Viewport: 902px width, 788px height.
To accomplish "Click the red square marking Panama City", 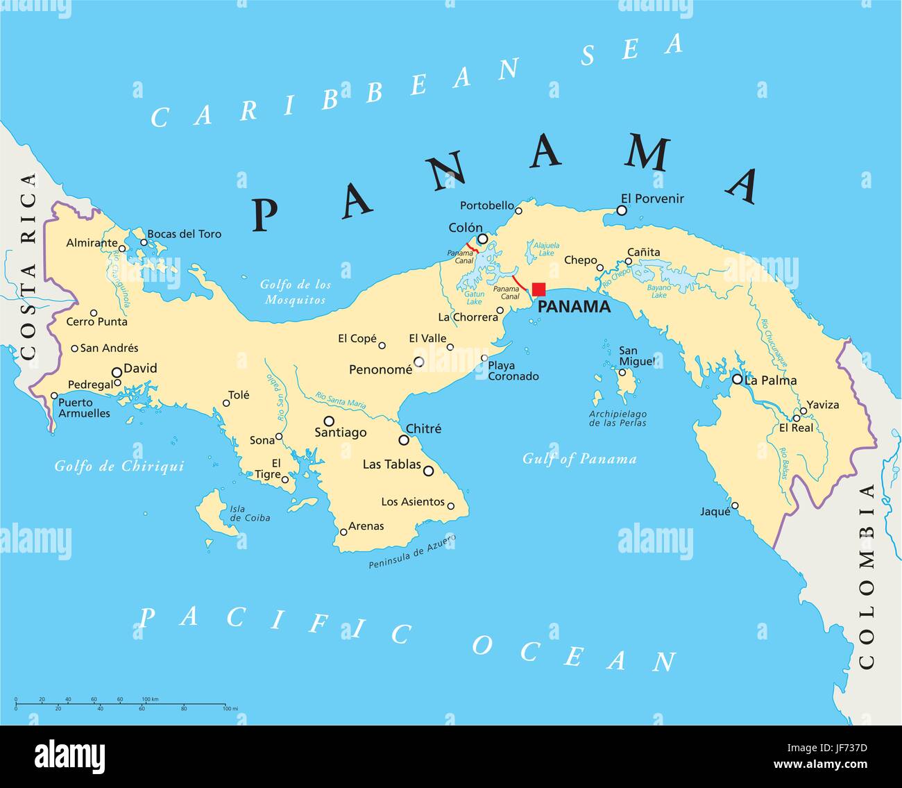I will click(538, 290).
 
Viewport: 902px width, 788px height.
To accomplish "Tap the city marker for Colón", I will click(482, 239).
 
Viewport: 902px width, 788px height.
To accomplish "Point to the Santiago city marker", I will click(329, 420).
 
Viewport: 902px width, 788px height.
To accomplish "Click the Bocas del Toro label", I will click(184, 234).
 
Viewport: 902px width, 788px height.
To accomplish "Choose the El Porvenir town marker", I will click(622, 210).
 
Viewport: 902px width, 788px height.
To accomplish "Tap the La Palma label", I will click(770, 380).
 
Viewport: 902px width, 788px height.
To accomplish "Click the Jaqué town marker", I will click(735, 505).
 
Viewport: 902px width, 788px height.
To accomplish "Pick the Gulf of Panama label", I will click(579, 459).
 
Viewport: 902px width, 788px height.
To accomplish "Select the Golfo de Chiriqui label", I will click(119, 467).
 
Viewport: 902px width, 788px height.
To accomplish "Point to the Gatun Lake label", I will click(474, 298).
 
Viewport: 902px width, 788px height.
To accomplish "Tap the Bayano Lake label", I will click(658, 291).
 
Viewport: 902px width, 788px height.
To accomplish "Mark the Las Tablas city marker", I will click(428, 471).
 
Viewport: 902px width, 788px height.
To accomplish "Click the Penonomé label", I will click(380, 370).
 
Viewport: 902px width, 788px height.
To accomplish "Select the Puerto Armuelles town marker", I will click(54, 396).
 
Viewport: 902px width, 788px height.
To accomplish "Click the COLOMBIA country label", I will click(867, 576).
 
